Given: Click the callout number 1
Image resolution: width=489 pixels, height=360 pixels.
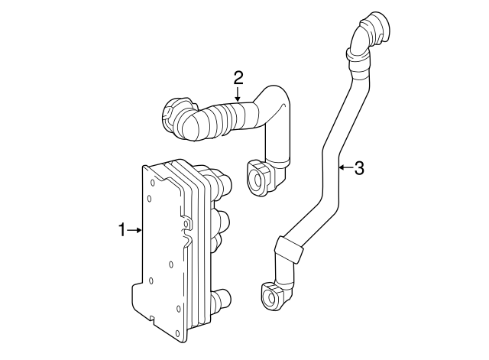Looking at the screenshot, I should click(121, 229).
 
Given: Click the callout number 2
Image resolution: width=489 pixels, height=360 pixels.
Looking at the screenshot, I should click(238, 76).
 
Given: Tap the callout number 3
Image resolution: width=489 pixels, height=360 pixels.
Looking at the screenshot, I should click(359, 167).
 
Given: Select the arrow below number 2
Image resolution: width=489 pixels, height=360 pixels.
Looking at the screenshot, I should click(238, 95).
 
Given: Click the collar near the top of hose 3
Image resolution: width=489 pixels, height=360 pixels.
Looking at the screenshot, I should click(357, 54).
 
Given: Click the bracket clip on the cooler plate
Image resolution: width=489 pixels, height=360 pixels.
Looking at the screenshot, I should click(186, 223).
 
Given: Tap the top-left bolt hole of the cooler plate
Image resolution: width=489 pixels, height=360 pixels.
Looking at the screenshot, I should click(151, 174).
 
